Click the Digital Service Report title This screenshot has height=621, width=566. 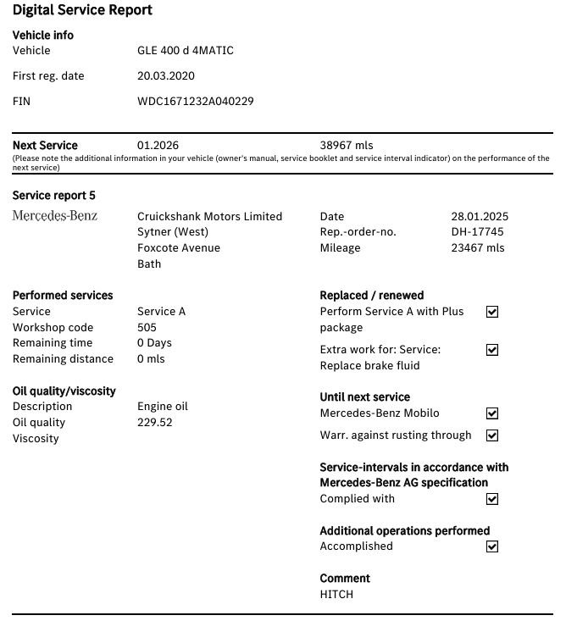click(x=82, y=11)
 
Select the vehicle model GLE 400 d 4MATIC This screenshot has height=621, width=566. click(x=185, y=51)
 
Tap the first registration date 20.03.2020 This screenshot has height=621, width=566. click(x=165, y=76)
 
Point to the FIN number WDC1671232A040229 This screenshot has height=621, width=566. click(x=195, y=102)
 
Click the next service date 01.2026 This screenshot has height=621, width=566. click(x=158, y=146)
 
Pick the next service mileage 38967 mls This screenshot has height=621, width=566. click(x=346, y=146)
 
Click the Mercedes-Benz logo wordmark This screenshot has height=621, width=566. click(x=55, y=216)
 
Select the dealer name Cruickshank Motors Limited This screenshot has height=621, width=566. click(x=209, y=217)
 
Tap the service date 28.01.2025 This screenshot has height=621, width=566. click(x=480, y=217)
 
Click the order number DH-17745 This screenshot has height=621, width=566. click(x=477, y=232)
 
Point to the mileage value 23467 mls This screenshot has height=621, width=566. click(x=477, y=248)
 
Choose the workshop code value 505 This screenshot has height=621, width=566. click(x=147, y=328)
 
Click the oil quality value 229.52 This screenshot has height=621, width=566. click(x=154, y=423)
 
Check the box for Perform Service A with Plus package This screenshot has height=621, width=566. click(x=492, y=312)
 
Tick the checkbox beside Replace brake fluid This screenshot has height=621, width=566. click(x=492, y=350)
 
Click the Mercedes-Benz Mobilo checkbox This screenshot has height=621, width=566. click(x=492, y=414)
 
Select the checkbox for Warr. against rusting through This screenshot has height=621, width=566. click(x=492, y=435)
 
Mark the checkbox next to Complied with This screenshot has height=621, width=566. click(x=492, y=500)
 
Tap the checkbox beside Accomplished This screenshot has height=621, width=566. click(x=492, y=547)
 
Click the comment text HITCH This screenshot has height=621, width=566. click(x=336, y=595)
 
